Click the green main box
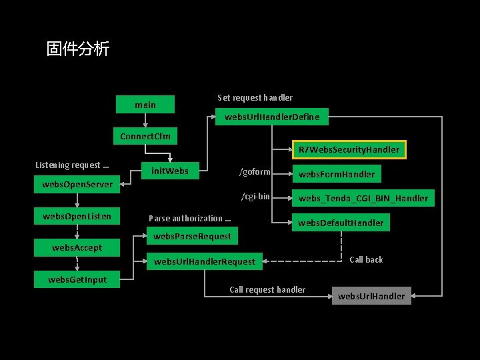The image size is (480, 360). (x=145, y=105)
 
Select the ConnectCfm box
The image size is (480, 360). (x=145, y=137)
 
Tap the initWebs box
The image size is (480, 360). (x=170, y=171)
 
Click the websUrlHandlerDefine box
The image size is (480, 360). (x=272, y=117)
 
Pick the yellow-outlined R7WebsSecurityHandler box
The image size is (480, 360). (x=349, y=149)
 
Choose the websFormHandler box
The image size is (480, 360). (x=337, y=175)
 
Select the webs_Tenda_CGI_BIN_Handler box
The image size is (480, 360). (x=363, y=198)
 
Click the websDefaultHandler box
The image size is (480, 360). (x=341, y=223)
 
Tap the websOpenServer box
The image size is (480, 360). (x=77, y=184)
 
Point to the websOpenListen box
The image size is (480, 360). (x=77, y=216)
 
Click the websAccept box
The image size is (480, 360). (x=77, y=248)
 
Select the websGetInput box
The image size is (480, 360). (x=77, y=279)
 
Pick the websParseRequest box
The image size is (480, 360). (x=192, y=236)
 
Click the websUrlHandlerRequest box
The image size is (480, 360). (x=204, y=261)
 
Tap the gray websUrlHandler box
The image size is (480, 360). (x=371, y=296)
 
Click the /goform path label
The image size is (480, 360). (x=255, y=172)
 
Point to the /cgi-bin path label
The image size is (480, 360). (x=255, y=196)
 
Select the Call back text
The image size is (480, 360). (x=366, y=259)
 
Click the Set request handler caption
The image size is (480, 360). (x=255, y=97)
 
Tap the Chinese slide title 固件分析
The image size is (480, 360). (x=77, y=49)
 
